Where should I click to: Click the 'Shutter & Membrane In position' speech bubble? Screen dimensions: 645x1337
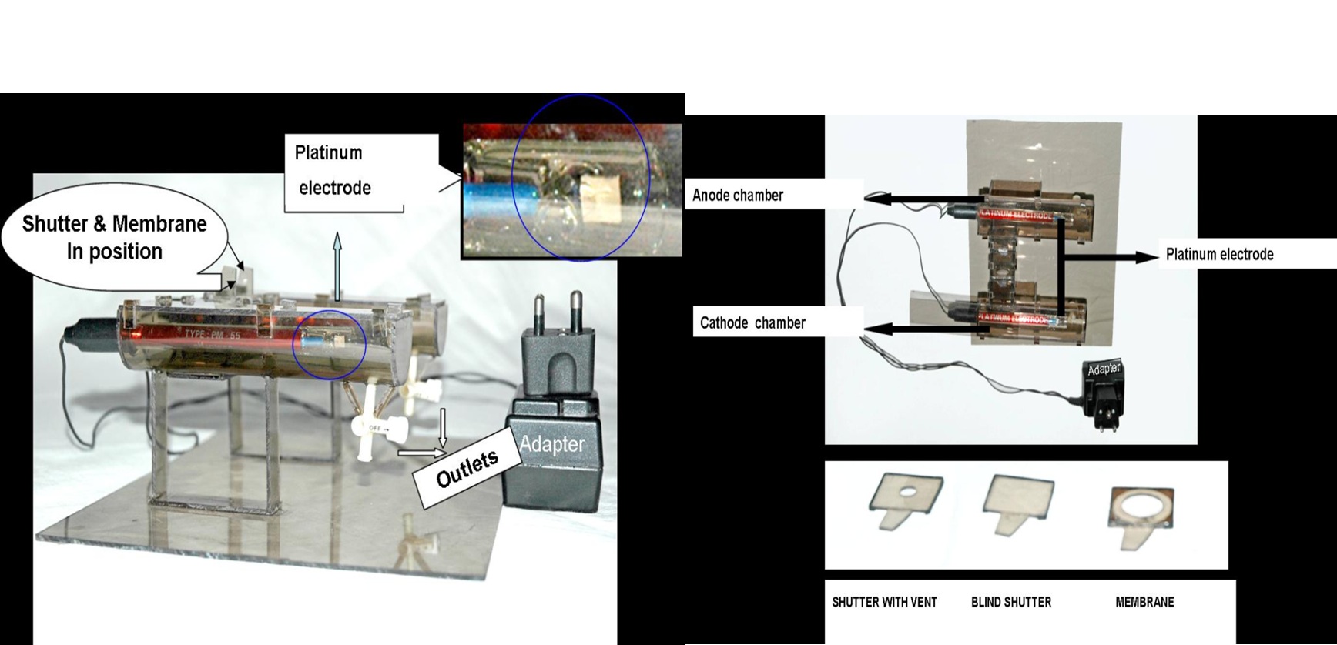[x=115, y=237]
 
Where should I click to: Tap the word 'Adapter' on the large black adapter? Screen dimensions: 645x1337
[x=551, y=444]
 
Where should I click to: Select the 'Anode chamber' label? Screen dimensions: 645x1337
[x=738, y=196]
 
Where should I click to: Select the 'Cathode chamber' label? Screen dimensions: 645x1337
[x=752, y=323]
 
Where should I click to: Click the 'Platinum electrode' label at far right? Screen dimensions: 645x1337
[x=1219, y=255]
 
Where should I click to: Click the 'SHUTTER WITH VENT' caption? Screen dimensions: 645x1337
[x=884, y=602]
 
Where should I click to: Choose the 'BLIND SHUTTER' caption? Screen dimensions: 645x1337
[x=1010, y=602]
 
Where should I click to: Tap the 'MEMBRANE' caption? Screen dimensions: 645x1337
[x=1144, y=602]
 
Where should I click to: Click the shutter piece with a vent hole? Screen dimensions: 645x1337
[x=906, y=500]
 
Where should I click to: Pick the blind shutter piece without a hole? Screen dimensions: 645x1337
[x=1017, y=501]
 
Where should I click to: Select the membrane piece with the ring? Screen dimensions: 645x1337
[x=1141, y=513]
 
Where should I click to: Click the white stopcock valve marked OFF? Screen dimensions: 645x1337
[x=375, y=424]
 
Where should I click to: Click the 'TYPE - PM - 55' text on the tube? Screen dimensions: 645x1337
[x=213, y=335]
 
